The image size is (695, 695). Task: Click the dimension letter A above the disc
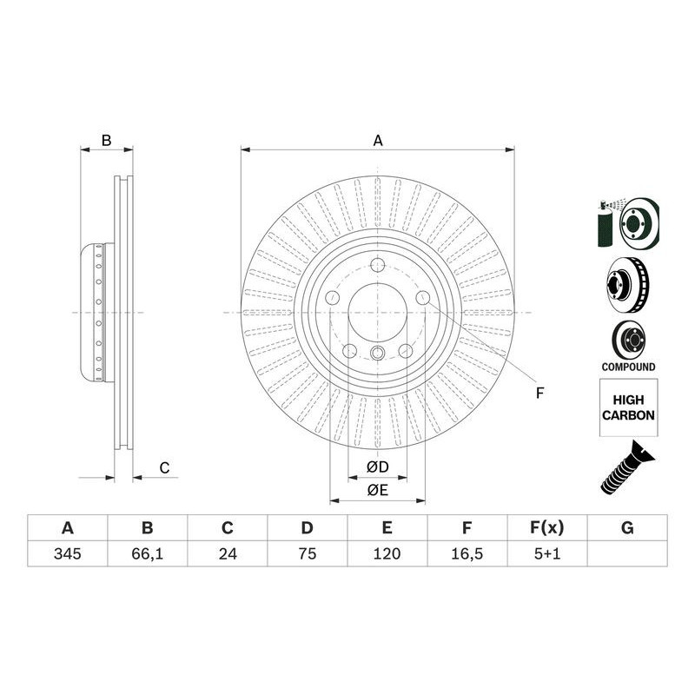click(x=378, y=140)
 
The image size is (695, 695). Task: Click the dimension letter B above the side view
click(x=106, y=140)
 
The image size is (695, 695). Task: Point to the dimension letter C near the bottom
click(x=163, y=468)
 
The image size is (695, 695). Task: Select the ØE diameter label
click(x=377, y=491)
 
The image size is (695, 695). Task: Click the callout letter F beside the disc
click(x=539, y=394)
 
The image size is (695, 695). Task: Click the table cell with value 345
click(x=67, y=553)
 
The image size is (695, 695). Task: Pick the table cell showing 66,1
click(x=147, y=553)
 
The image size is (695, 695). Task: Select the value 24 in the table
click(x=227, y=553)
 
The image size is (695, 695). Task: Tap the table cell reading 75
click(x=307, y=553)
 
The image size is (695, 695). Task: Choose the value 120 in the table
click(x=387, y=553)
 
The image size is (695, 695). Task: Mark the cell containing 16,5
click(x=467, y=553)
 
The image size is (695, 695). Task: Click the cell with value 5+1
click(x=547, y=553)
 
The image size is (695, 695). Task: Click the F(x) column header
click(x=547, y=527)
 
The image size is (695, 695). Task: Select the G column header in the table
click(x=627, y=527)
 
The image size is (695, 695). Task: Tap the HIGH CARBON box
click(x=628, y=408)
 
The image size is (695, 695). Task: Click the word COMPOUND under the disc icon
click(x=628, y=367)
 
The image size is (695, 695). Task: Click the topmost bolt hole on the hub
click(x=377, y=268)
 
